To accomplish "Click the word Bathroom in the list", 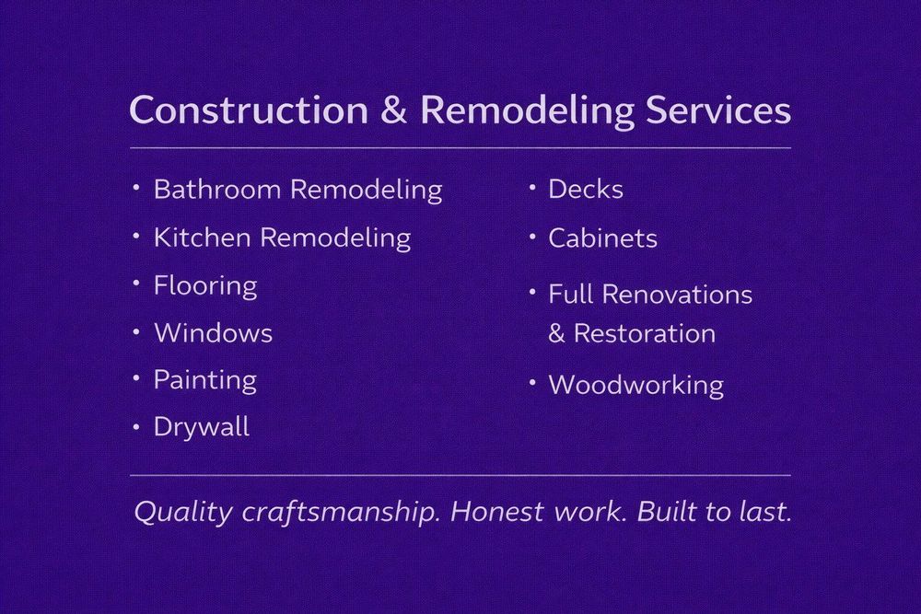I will [x=217, y=190].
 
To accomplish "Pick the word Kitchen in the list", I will [x=203, y=237].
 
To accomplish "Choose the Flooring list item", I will [x=205, y=286].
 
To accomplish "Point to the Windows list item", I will [x=213, y=332].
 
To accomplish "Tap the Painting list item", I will [x=204, y=380].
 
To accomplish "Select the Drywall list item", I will [x=202, y=427].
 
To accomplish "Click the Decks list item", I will [x=586, y=190].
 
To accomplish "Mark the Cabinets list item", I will [x=602, y=238].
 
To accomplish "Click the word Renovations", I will [x=678, y=295].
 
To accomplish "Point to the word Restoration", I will [x=645, y=333].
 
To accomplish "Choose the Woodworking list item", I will [x=635, y=385].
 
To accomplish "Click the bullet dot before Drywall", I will [x=136, y=426].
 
